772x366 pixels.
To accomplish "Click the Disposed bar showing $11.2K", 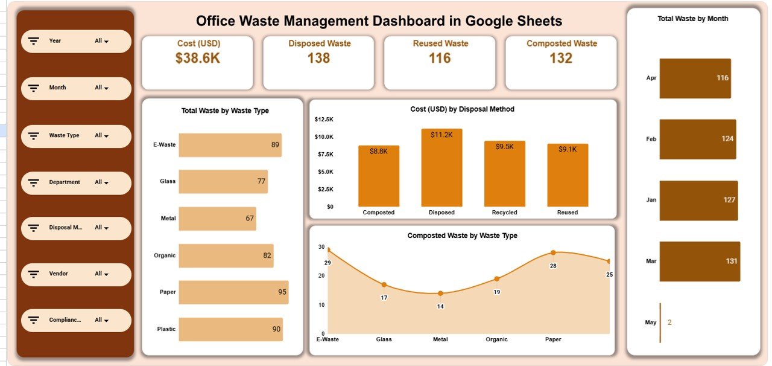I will tap(441, 167).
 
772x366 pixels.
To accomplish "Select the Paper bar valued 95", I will tap(233, 292).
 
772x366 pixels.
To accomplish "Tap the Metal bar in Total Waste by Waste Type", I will tap(217, 219).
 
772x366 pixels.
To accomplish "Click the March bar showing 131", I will tap(699, 262).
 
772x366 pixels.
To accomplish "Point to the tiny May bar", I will tap(660, 323).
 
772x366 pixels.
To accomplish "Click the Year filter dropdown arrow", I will tap(106, 42).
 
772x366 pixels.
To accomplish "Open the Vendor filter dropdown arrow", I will tap(106, 274).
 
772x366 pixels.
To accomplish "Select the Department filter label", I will tap(65, 182).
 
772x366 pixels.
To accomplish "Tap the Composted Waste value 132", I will tap(561, 58).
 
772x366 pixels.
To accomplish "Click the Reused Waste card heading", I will tap(440, 43).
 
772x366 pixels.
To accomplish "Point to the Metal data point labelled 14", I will tap(440, 294).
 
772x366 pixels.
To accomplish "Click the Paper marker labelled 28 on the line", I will tap(553, 252).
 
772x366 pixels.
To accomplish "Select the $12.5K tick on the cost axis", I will tap(324, 119).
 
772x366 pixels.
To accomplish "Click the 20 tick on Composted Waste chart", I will tap(321, 275).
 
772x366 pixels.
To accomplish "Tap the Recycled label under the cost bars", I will tap(504, 213).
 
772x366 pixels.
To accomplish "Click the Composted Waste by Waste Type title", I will tap(462, 236).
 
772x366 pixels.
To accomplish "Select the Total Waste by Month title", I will tap(692, 19).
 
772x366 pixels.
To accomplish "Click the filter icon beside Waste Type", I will tap(34, 136).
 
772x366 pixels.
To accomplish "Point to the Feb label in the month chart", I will tap(651, 139).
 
